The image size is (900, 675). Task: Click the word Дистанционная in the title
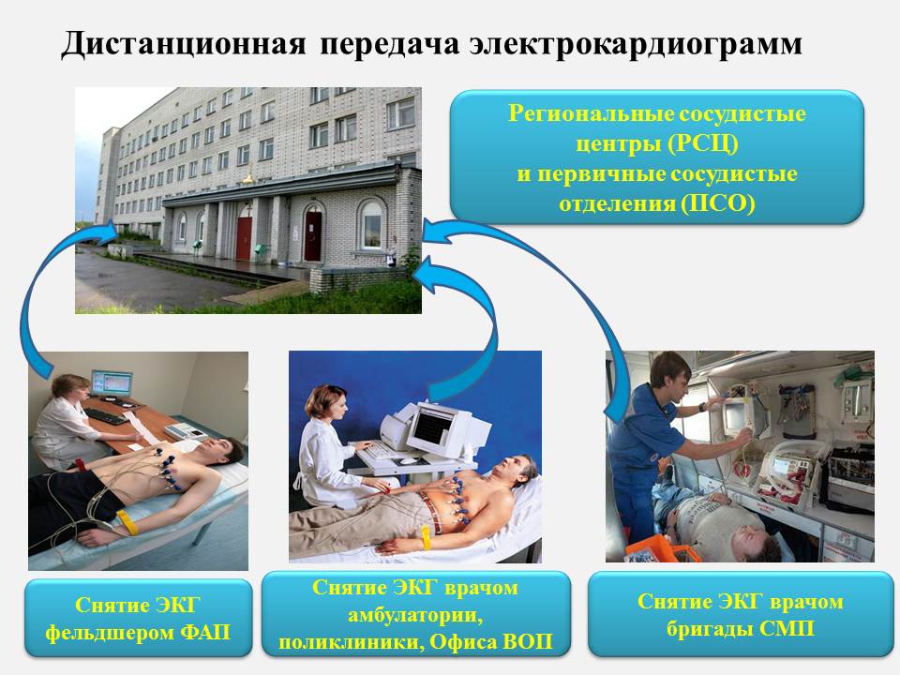click(x=183, y=45)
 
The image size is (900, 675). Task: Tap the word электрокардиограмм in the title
click(x=635, y=45)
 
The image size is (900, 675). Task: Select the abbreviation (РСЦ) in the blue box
click(x=703, y=143)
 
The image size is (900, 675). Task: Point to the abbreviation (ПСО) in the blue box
click(x=717, y=203)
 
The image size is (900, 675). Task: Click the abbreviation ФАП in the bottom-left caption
click(x=205, y=633)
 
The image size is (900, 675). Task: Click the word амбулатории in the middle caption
click(x=415, y=615)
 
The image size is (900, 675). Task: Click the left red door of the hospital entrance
click(x=244, y=238)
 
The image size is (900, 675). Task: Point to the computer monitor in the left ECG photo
click(x=112, y=383)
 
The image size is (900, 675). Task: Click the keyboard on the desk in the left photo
click(x=107, y=416)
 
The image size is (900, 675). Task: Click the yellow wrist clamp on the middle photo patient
click(x=427, y=538)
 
